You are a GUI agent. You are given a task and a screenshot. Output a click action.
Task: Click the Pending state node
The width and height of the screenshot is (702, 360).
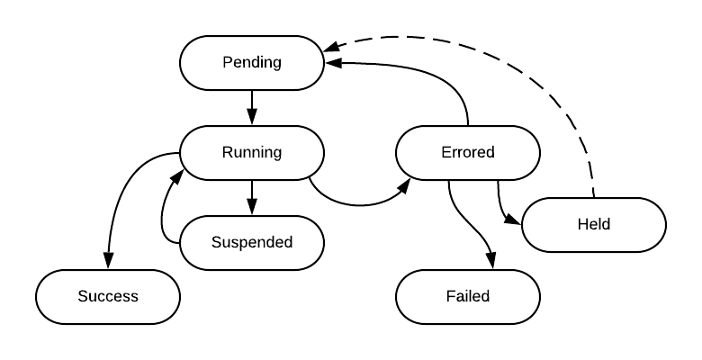[x=252, y=63]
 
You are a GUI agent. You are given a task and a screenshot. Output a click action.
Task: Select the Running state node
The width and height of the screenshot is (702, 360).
[x=252, y=153]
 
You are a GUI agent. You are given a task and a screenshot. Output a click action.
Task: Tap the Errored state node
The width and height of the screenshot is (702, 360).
[x=468, y=153]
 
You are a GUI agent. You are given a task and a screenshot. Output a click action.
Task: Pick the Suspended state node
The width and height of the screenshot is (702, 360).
[x=252, y=243]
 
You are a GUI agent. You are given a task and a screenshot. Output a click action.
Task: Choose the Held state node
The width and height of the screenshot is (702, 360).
[x=594, y=224]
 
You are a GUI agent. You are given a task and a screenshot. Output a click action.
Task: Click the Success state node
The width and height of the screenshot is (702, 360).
[x=108, y=296]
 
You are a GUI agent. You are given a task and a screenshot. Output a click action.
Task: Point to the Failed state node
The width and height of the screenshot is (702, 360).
[x=468, y=296]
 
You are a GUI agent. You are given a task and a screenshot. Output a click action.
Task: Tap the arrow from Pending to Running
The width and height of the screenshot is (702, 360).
[x=252, y=107]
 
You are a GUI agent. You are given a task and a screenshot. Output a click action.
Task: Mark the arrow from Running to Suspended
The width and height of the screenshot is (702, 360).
[x=252, y=197]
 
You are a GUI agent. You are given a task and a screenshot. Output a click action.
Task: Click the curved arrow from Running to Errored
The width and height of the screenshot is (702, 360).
[x=360, y=205]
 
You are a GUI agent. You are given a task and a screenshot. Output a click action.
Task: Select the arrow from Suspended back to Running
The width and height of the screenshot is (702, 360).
[x=163, y=211]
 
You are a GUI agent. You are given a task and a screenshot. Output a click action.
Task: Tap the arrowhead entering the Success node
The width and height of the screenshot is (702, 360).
[x=108, y=261]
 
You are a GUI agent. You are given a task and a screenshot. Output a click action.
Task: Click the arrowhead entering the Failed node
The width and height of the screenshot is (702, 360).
[x=491, y=261]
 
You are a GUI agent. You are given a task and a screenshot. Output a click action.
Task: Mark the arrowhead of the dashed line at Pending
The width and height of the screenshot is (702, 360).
[x=330, y=46]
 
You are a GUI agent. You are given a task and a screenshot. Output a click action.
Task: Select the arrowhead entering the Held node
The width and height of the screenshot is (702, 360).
[x=514, y=220]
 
